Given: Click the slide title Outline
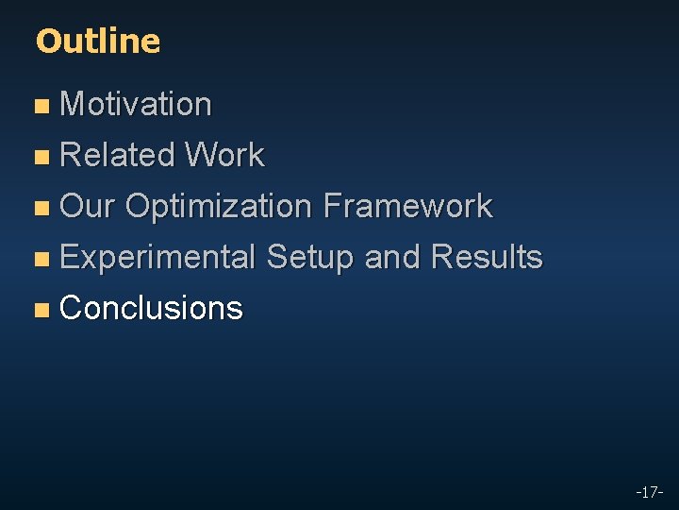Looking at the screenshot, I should [97, 41].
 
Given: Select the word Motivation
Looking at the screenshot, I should [135, 104].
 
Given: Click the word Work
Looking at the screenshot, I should [224, 155].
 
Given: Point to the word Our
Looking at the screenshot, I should [87, 206].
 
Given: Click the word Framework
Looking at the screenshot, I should [406, 206].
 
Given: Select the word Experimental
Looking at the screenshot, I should [157, 257].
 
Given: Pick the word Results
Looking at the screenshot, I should [486, 257].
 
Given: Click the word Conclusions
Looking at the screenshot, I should [151, 308].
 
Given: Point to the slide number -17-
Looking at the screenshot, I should [649, 492].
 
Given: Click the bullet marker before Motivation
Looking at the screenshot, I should [41, 106].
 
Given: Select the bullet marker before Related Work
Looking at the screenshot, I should [41, 157].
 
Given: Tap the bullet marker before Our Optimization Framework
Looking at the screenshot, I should [41, 208].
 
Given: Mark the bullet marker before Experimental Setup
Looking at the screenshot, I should [41, 259].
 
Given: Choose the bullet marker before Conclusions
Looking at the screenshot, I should [41, 310].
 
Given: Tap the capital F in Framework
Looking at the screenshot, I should [331, 206].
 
